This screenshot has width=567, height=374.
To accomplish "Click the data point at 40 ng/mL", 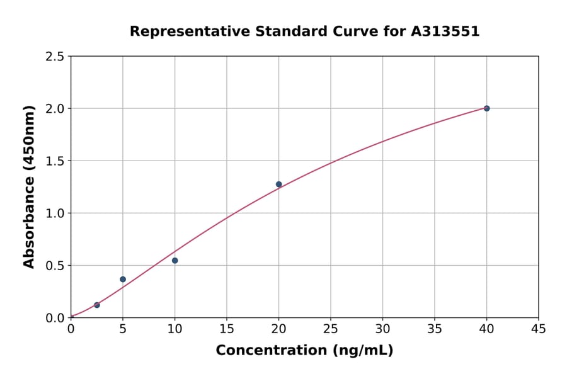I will pos(486,108).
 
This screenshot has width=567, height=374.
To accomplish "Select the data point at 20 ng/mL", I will pos(278,184).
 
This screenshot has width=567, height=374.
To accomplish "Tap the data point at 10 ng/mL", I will pos(175,261).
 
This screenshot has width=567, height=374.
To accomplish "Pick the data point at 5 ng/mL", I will pos(123,279).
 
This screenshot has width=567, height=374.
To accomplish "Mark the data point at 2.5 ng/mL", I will pos(97,305).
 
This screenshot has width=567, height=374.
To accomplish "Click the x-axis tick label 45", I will pos(539,329).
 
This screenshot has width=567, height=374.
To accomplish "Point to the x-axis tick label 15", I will pos(227,329).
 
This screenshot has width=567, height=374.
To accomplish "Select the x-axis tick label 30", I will pos(382,329).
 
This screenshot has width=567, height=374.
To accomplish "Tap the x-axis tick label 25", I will pos(331,329).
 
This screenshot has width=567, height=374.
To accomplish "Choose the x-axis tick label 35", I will pos(435,329).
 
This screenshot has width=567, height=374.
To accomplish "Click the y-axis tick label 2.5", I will pos(55,57).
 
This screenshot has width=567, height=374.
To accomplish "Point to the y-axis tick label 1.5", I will pos(55,161).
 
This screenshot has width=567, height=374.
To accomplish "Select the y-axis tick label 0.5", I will pos(55,266).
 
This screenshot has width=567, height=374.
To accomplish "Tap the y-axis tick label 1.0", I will pos(55,213).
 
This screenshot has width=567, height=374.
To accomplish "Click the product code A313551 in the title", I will pos(446,31).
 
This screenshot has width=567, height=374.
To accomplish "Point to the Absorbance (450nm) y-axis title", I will pos(29,187).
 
